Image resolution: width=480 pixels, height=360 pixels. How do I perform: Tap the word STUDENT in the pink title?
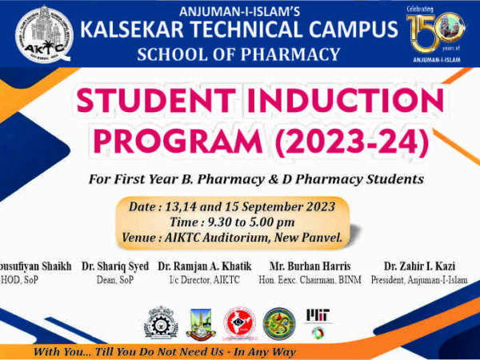(x=142, y=102)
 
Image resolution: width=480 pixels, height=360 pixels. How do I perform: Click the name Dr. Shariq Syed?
(x=114, y=266)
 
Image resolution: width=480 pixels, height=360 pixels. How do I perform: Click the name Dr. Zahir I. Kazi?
(x=417, y=266)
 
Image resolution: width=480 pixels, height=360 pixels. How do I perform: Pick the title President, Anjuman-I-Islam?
(x=417, y=280)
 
